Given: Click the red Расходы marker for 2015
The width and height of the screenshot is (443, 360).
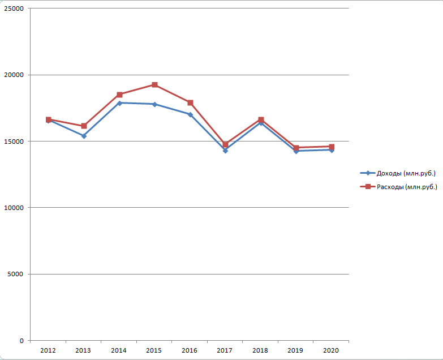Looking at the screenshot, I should (x=154, y=85).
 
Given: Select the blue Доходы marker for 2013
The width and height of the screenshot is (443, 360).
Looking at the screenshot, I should (x=84, y=136).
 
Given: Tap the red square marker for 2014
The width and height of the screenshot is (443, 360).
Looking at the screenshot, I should (x=119, y=95).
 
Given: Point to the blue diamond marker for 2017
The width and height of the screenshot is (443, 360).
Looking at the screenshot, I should (x=225, y=151).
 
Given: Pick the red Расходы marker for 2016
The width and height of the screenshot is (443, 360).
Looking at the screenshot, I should (x=190, y=102).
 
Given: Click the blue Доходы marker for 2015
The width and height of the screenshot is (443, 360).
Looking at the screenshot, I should (x=154, y=104).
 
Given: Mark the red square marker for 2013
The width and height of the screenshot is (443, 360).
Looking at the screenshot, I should (x=84, y=126).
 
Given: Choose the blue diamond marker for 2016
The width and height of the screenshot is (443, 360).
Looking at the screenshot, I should (x=190, y=114).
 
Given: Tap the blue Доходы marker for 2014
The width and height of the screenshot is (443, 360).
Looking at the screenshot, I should (x=119, y=103).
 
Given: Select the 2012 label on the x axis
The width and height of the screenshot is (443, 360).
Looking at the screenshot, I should (x=48, y=351).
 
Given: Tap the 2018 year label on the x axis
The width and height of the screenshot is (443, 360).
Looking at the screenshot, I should (x=260, y=351).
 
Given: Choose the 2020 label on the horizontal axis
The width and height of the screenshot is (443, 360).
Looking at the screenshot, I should (x=331, y=351).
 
